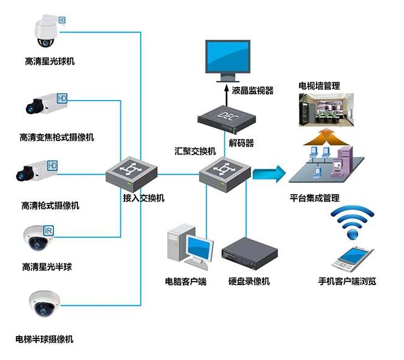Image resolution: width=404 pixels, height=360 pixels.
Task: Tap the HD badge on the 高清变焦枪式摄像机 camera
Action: click(62, 98)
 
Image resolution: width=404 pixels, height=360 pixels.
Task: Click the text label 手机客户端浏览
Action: click(347, 281)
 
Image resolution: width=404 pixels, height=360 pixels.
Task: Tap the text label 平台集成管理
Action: click(314, 198)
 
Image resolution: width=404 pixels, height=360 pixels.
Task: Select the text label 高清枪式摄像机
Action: click(50, 205)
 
